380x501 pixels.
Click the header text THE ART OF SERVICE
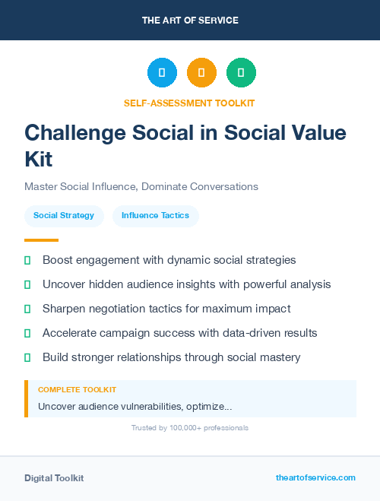pyautogui.click(x=190, y=21)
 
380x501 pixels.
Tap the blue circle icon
pyautogui.click(x=162, y=73)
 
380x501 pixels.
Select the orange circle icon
pyautogui.click(x=201, y=73)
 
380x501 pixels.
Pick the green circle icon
pyautogui.click(x=241, y=73)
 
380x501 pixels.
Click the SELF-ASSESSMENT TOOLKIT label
pyautogui.click(x=190, y=103)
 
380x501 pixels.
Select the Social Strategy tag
pyautogui.click(x=64, y=216)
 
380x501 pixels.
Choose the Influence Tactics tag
pyautogui.click(x=156, y=216)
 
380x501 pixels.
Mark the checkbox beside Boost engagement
pyautogui.click(x=27, y=260)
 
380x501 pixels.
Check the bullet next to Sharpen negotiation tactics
pyautogui.click(x=27, y=309)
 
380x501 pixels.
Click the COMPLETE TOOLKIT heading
pyautogui.click(x=78, y=390)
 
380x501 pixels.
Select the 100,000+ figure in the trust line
pyautogui.click(x=186, y=428)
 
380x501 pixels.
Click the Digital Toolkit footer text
pyautogui.click(x=54, y=478)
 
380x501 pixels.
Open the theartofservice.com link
pyautogui.click(x=315, y=477)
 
